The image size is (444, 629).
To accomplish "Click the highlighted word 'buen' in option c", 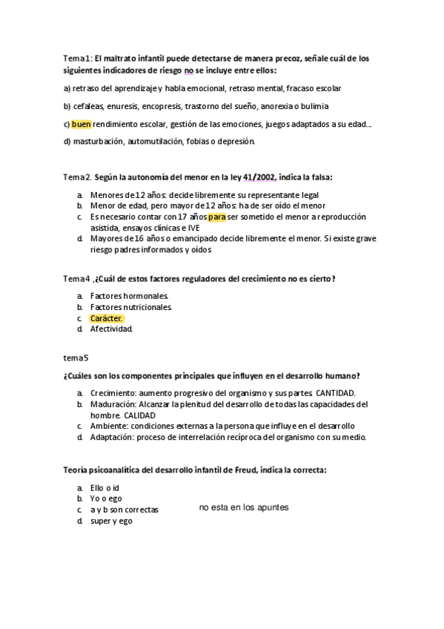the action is point(82,124).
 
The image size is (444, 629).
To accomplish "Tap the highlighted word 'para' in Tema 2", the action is point(217,217).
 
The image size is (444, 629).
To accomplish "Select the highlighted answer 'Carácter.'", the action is point(106,318).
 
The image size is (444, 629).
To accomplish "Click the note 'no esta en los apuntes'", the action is point(244,507).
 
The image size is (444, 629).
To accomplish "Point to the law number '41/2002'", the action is point(259,177).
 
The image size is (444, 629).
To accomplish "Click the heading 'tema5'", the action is point(76,358).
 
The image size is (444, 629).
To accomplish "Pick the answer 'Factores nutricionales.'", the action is point(127,307).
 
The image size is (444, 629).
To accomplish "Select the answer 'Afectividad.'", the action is point(111,329).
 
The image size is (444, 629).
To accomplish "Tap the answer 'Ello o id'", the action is point(105,487).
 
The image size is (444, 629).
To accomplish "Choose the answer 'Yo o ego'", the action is point(106,498).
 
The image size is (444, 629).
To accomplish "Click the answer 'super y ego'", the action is point(111,521).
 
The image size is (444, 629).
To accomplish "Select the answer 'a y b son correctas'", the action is point(125,510).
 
